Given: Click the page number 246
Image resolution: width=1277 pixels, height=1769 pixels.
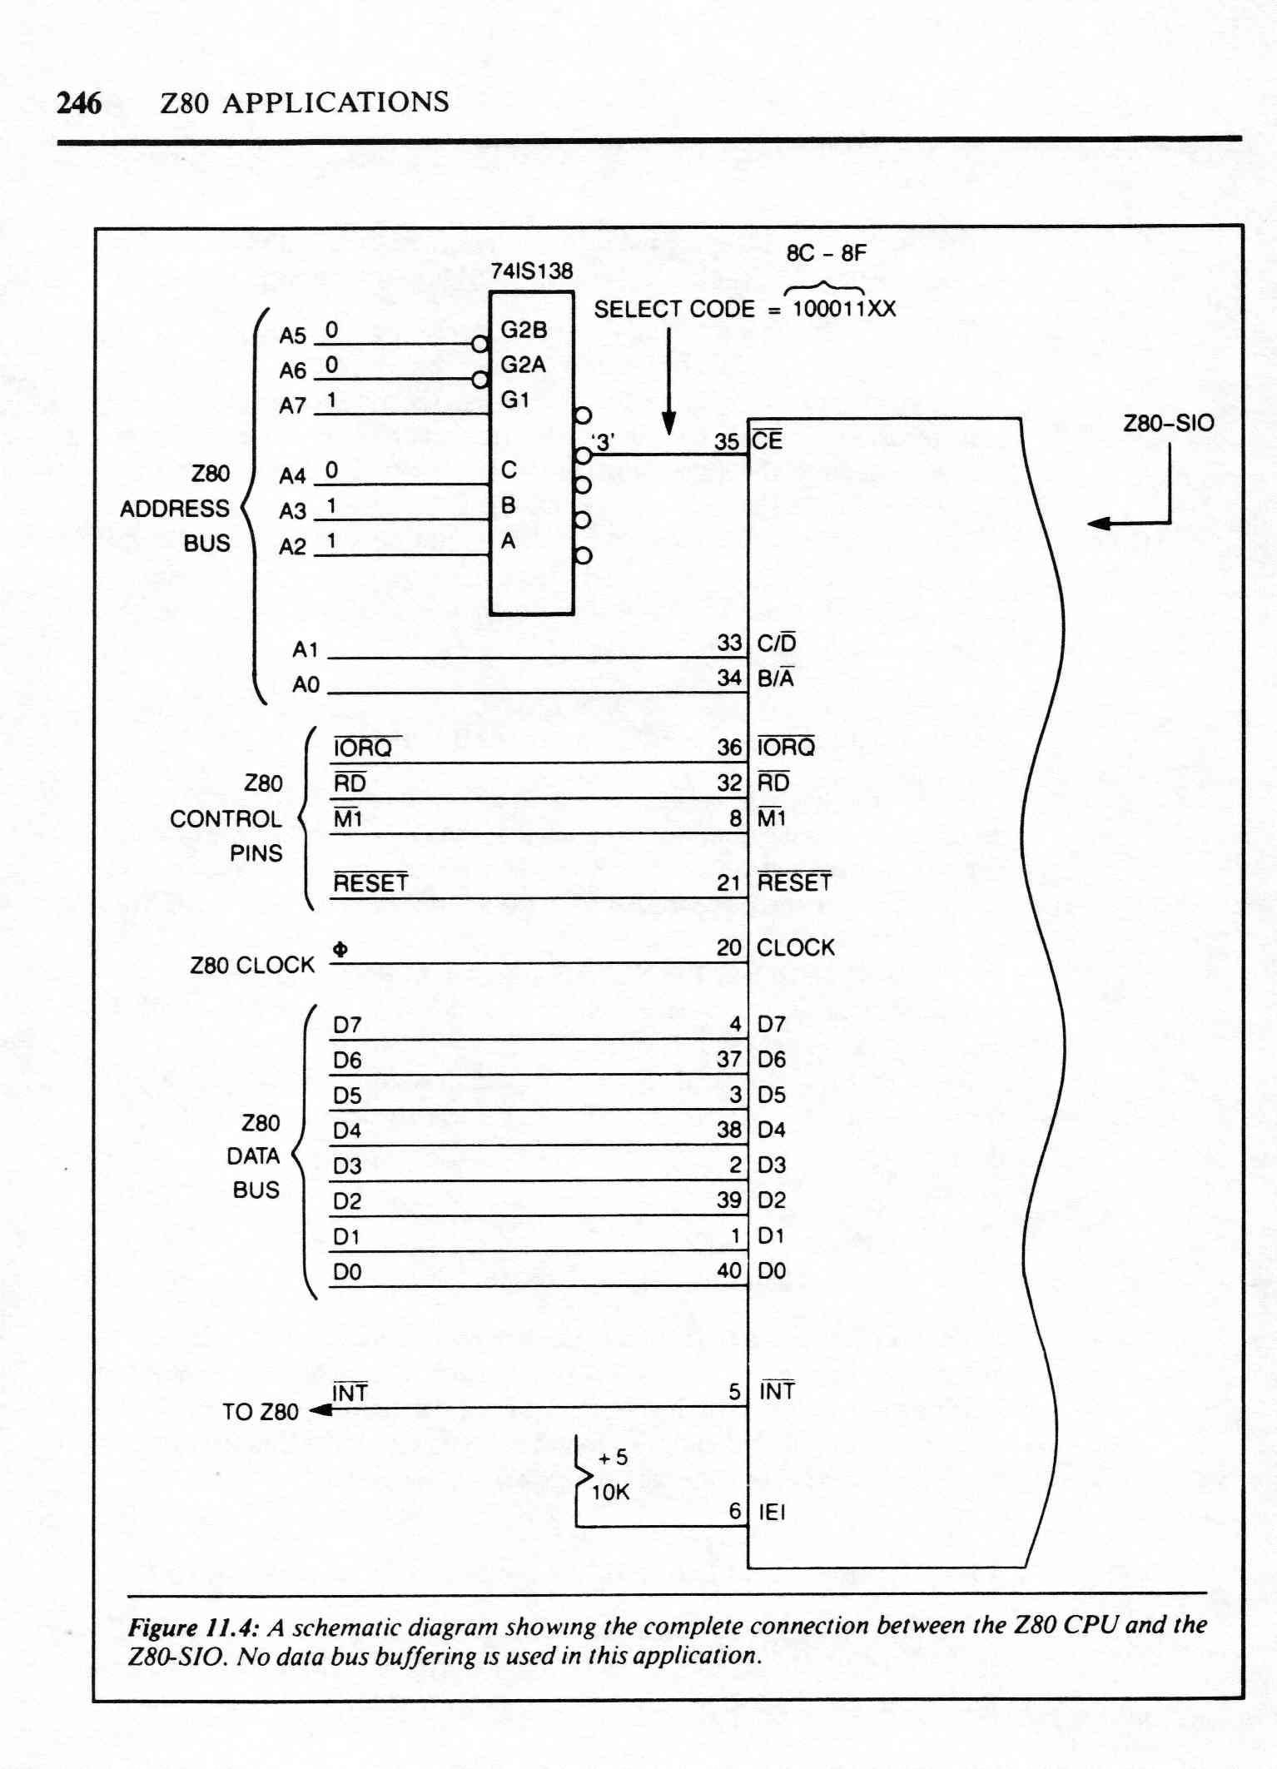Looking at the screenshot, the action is pyautogui.click(x=80, y=103).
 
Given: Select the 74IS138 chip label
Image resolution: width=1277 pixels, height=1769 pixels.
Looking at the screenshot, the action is pyautogui.click(x=532, y=271).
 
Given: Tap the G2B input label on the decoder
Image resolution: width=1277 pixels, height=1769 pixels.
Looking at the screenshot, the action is pyautogui.click(x=524, y=330).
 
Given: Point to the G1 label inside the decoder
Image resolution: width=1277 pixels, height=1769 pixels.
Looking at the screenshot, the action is pyautogui.click(x=515, y=400).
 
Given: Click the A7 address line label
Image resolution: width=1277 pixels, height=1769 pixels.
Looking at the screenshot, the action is pyautogui.click(x=292, y=405).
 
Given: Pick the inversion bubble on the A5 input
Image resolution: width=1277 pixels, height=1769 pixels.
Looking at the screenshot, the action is pyautogui.click(x=479, y=344).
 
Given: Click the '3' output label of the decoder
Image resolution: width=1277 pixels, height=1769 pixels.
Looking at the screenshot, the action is pyautogui.click(x=603, y=442).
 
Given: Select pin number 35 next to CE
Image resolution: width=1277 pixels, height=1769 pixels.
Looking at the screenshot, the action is pyautogui.click(x=727, y=442).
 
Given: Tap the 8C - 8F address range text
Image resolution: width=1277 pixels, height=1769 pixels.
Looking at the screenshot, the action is pyautogui.click(x=826, y=252).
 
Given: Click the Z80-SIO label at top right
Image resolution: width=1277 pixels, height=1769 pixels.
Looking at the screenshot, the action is pyautogui.click(x=1168, y=423).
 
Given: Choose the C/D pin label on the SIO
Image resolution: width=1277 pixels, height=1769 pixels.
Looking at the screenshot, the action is pyautogui.click(x=776, y=643).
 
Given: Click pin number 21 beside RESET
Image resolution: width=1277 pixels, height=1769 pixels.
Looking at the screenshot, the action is pyautogui.click(x=728, y=883).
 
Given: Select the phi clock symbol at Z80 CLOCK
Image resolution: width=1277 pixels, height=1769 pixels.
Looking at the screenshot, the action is pyautogui.click(x=340, y=949).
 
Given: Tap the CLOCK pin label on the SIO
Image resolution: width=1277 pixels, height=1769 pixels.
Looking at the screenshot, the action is pyautogui.click(x=795, y=947).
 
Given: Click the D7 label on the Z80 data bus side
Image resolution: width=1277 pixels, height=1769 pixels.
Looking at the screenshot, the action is pyautogui.click(x=347, y=1025).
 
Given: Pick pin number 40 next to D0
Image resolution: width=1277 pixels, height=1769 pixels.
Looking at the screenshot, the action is pyautogui.click(x=729, y=1270).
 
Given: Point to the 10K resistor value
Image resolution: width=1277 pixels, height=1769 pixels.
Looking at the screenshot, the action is pyautogui.click(x=610, y=1493).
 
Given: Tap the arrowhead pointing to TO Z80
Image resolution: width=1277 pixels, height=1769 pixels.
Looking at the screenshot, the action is pyautogui.click(x=320, y=1410).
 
